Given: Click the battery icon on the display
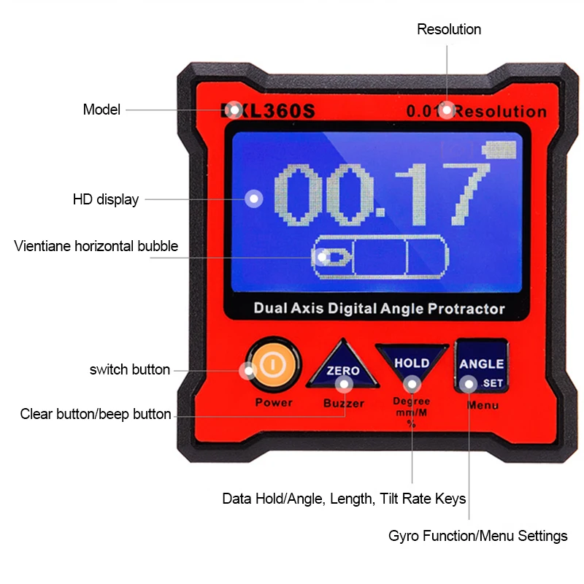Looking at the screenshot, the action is [x=498, y=150].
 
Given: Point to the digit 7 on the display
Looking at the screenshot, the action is [x=468, y=193].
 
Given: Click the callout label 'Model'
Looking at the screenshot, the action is [x=101, y=110].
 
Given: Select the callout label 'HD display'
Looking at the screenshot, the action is [x=106, y=199].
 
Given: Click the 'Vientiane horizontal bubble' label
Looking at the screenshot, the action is [x=96, y=246].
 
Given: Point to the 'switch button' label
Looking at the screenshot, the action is [x=130, y=369].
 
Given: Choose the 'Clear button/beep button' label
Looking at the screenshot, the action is [x=96, y=415].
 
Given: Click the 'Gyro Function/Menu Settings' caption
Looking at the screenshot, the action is [x=478, y=536].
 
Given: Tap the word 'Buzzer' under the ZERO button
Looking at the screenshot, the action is [x=344, y=403].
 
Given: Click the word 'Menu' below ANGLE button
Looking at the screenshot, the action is [x=483, y=404].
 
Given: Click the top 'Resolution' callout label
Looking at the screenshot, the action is [x=449, y=29].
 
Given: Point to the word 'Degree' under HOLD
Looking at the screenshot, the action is [x=412, y=401].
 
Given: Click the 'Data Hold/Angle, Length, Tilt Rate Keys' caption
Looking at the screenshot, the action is [x=344, y=499].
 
